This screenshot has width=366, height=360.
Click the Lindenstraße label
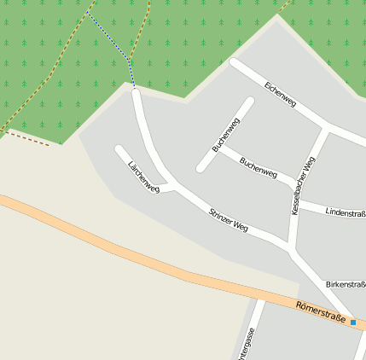345,211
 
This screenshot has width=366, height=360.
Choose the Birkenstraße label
346,283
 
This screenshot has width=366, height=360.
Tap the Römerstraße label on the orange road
321,312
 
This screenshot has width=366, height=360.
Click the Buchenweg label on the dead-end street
227,134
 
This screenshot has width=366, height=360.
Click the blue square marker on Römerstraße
353,322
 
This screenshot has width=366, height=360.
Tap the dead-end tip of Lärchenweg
119,150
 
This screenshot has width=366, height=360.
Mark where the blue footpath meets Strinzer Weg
135,90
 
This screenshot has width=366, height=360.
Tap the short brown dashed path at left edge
26,137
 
